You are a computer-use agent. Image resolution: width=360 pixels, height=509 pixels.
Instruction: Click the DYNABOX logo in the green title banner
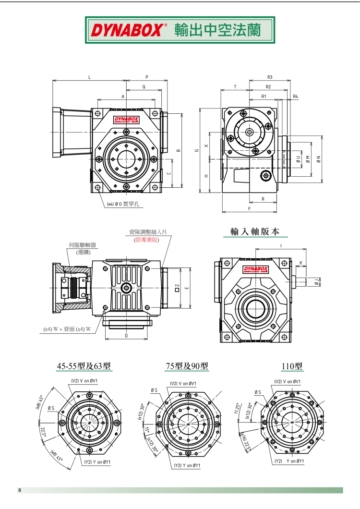(128, 30)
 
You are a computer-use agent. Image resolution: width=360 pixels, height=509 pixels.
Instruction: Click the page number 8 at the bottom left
(19, 490)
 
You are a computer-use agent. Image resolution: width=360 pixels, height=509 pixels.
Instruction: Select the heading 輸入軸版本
(254, 231)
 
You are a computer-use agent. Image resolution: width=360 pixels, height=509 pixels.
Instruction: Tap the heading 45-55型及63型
(84, 366)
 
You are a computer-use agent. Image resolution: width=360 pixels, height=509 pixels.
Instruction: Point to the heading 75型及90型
(187, 366)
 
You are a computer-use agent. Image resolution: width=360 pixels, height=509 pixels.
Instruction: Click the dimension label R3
(270, 77)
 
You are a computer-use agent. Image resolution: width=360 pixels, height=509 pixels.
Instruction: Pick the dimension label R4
(295, 97)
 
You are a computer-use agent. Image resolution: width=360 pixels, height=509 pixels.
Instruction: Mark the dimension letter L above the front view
(89, 77)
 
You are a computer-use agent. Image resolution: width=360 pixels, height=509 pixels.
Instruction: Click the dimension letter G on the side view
(197, 150)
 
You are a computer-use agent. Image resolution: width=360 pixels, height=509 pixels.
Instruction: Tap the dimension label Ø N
(319, 158)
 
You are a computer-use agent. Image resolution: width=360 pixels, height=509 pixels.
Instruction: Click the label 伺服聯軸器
(83, 245)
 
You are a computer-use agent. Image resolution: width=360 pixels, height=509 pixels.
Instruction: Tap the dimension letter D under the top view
(126, 336)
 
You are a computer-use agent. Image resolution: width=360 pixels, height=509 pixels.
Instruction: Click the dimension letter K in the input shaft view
(300, 263)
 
